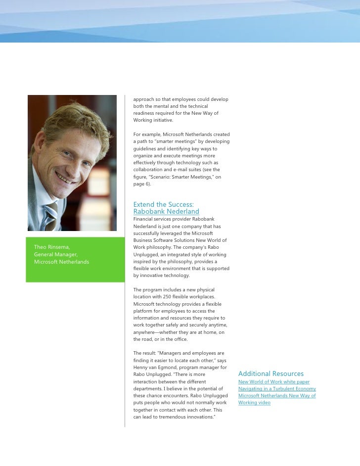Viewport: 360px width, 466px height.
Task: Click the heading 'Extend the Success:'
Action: tap(163, 204)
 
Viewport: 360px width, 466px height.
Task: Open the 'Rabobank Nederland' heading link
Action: tap(166, 212)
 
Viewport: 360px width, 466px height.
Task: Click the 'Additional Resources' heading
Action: tap(271, 373)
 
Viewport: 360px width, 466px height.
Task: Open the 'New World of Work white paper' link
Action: tap(274, 382)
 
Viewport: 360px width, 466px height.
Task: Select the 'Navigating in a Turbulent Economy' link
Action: tap(277, 389)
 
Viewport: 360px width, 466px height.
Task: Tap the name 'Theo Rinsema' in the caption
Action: tap(51, 247)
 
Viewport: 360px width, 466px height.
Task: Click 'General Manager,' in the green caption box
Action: tap(55, 254)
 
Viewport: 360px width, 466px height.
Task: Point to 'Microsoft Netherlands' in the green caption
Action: tap(61, 262)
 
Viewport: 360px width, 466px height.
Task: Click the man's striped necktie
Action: tap(51, 214)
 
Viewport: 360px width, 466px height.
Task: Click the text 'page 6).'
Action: tap(143, 184)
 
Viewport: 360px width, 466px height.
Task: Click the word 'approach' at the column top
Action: tap(144, 99)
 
